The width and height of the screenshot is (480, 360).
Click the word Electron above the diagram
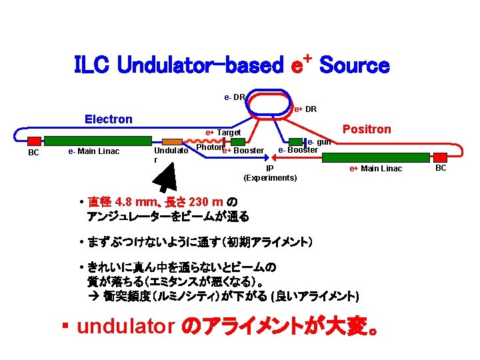pyautogui.click(x=108, y=119)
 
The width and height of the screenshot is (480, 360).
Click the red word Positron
pyautogui.click(x=367, y=129)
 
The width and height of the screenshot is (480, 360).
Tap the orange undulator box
pyautogui.click(x=173, y=141)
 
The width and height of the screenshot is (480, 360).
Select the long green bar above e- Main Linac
pyautogui.click(x=99, y=141)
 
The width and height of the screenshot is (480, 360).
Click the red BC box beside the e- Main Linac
pyautogui.click(x=34, y=141)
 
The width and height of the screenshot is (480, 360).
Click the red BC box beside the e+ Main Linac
pyautogui.click(x=441, y=157)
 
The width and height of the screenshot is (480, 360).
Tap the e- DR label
pyautogui.click(x=234, y=97)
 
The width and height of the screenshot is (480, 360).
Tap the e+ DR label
pyautogui.click(x=305, y=109)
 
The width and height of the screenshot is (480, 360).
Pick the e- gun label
pyautogui.click(x=319, y=142)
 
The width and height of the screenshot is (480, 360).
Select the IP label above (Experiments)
pyautogui.click(x=270, y=169)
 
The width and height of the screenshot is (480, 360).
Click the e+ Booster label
pyautogui.click(x=243, y=151)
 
